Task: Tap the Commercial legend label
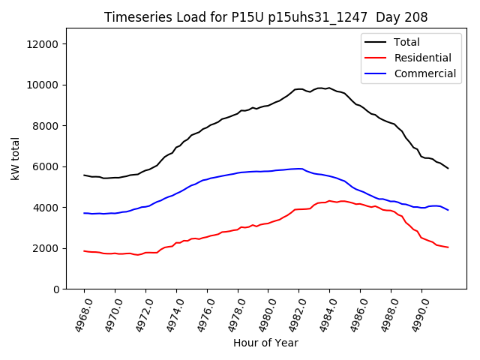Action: tap(424, 73)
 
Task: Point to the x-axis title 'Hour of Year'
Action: tap(265, 343)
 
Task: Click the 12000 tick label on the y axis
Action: tap(43, 44)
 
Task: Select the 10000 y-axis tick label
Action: tap(43, 85)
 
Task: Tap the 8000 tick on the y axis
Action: tap(46, 126)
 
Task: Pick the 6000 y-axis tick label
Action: tap(46, 166)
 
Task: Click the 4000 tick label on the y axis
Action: tap(46, 208)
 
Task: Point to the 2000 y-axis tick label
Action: tap(46, 248)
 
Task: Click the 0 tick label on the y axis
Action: tap(56, 289)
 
